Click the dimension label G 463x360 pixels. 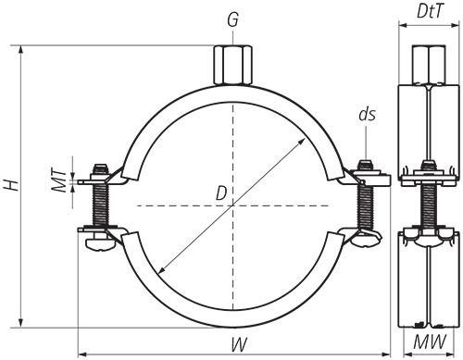tap(232, 20)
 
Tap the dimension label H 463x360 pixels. tap(11, 185)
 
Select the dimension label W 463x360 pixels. tap(239, 344)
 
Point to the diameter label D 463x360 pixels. tap(221, 193)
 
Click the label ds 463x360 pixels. tap(367, 114)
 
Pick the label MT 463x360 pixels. tap(59, 180)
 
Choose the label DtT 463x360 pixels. tap(431, 12)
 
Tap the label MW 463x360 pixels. tap(430, 341)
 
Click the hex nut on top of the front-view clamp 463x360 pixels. tap(232, 65)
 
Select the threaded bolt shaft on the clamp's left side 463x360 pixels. tap(100, 205)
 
